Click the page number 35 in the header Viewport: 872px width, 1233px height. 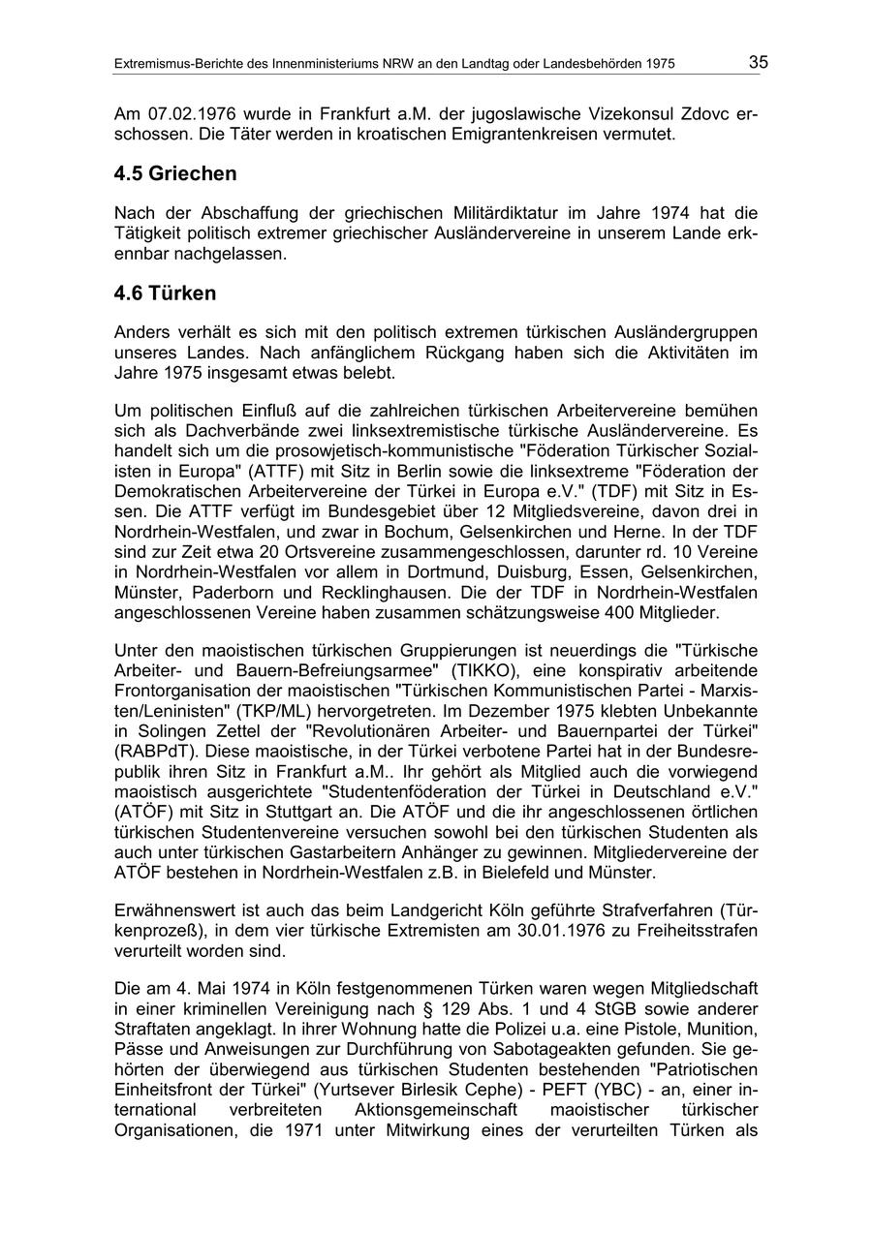pyautogui.click(x=758, y=62)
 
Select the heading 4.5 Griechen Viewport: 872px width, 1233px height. pyautogui.click(x=175, y=174)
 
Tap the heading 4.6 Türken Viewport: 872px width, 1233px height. pyautogui.click(x=165, y=293)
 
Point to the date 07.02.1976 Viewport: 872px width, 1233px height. pyautogui.click(x=187, y=114)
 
